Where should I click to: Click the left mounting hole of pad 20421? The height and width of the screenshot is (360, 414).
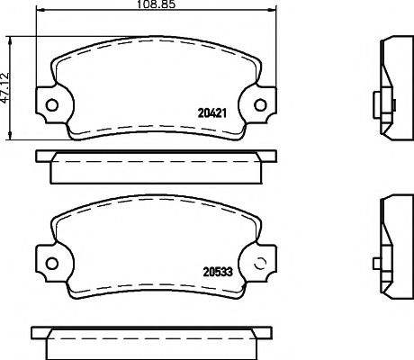pos(51,102)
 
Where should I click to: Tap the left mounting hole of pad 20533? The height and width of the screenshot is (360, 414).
pos(51,264)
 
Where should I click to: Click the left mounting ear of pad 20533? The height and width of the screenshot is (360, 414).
pos(47,264)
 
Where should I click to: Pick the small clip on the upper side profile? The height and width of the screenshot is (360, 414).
pos(373,101)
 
